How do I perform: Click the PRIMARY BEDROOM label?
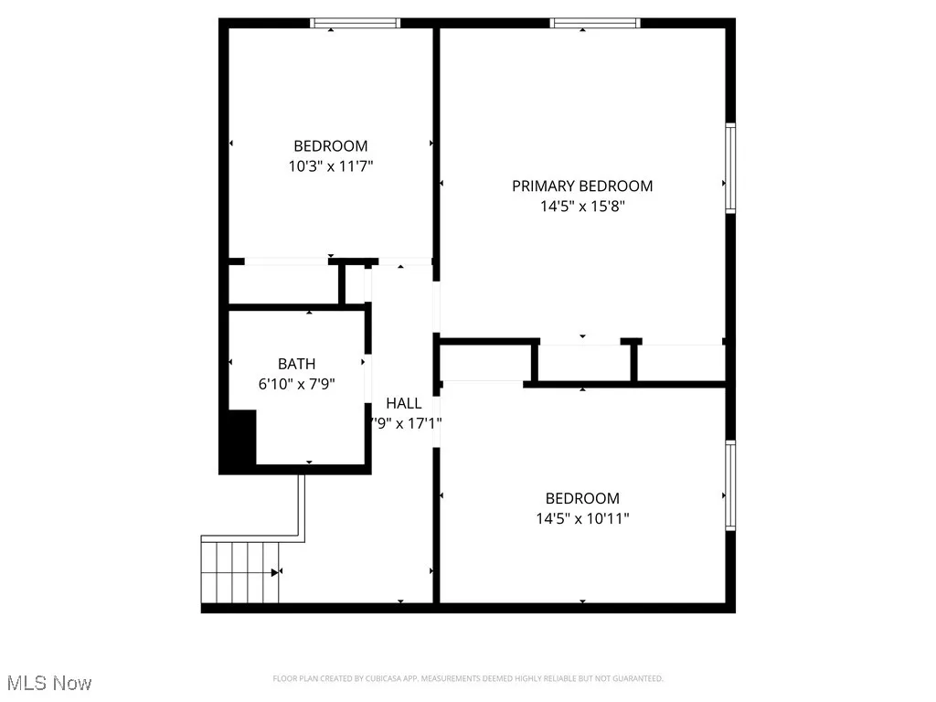582,186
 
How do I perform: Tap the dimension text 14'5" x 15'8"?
582,207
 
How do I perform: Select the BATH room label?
297,365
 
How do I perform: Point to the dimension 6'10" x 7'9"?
297,385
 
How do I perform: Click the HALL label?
403,403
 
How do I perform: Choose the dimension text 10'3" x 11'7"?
330,166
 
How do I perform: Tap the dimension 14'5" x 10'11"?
582,519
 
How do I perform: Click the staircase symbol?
239,571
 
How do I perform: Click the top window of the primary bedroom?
595,23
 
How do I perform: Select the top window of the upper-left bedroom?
356,23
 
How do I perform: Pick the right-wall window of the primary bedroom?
730,168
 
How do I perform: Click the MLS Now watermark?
49,683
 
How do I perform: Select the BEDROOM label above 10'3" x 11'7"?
330,146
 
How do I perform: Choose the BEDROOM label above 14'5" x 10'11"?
582,499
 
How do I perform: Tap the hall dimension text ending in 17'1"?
405,424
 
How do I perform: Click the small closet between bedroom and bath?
282,285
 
